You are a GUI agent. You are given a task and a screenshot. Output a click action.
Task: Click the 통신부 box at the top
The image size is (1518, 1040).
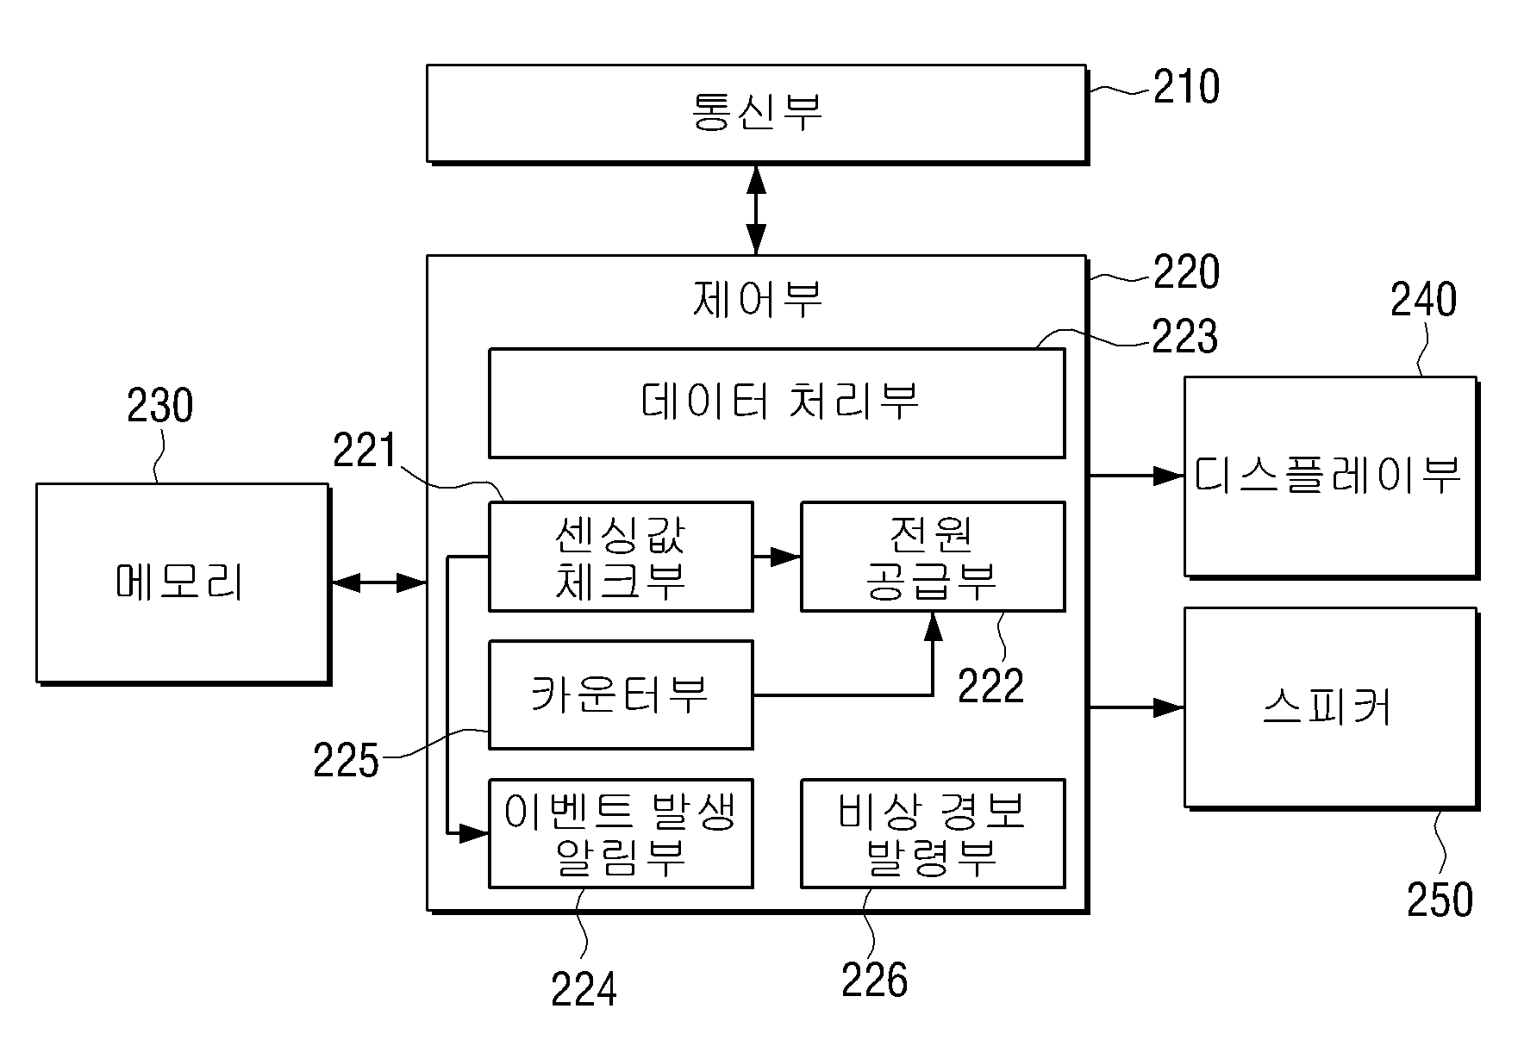(756, 113)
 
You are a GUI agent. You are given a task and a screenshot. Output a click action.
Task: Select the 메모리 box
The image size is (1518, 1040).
(183, 583)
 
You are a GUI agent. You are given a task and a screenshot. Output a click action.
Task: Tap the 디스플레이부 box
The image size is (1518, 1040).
(1330, 476)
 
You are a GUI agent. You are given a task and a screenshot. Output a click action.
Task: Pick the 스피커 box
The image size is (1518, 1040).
(1330, 708)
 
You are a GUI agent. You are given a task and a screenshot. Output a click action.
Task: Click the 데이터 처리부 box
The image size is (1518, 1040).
(777, 402)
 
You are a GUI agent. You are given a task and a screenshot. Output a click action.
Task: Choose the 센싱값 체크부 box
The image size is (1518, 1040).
(621, 557)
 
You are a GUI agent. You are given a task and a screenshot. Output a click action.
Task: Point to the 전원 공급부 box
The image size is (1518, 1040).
(933, 557)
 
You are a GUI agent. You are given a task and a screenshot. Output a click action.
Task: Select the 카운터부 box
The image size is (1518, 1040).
(621, 694)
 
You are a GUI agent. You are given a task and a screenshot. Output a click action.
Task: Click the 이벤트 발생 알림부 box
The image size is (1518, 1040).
(621, 833)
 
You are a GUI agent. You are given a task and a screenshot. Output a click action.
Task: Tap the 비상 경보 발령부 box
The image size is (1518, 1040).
(933, 833)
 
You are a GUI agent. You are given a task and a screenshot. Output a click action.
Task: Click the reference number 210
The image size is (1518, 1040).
(1187, 87)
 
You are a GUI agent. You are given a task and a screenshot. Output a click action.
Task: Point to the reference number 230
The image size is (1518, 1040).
(160, 405)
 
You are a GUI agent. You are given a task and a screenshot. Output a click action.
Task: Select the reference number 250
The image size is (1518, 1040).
(1440, 900)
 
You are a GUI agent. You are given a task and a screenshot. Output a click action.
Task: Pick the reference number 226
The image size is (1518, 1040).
(875, 980)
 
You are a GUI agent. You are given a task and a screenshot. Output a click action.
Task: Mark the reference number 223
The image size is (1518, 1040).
(1185, 336)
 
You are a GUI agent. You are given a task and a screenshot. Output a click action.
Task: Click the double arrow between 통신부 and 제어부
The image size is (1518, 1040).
(756, 209)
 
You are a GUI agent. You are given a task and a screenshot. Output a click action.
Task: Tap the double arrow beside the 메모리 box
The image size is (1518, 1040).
(379, 583)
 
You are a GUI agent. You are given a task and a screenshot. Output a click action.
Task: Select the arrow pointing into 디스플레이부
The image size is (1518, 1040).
(1136, 475)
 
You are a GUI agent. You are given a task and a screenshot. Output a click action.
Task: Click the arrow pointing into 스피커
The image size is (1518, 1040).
(1136, 707)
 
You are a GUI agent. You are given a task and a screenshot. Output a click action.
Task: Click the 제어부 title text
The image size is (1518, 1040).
(758, 299)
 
